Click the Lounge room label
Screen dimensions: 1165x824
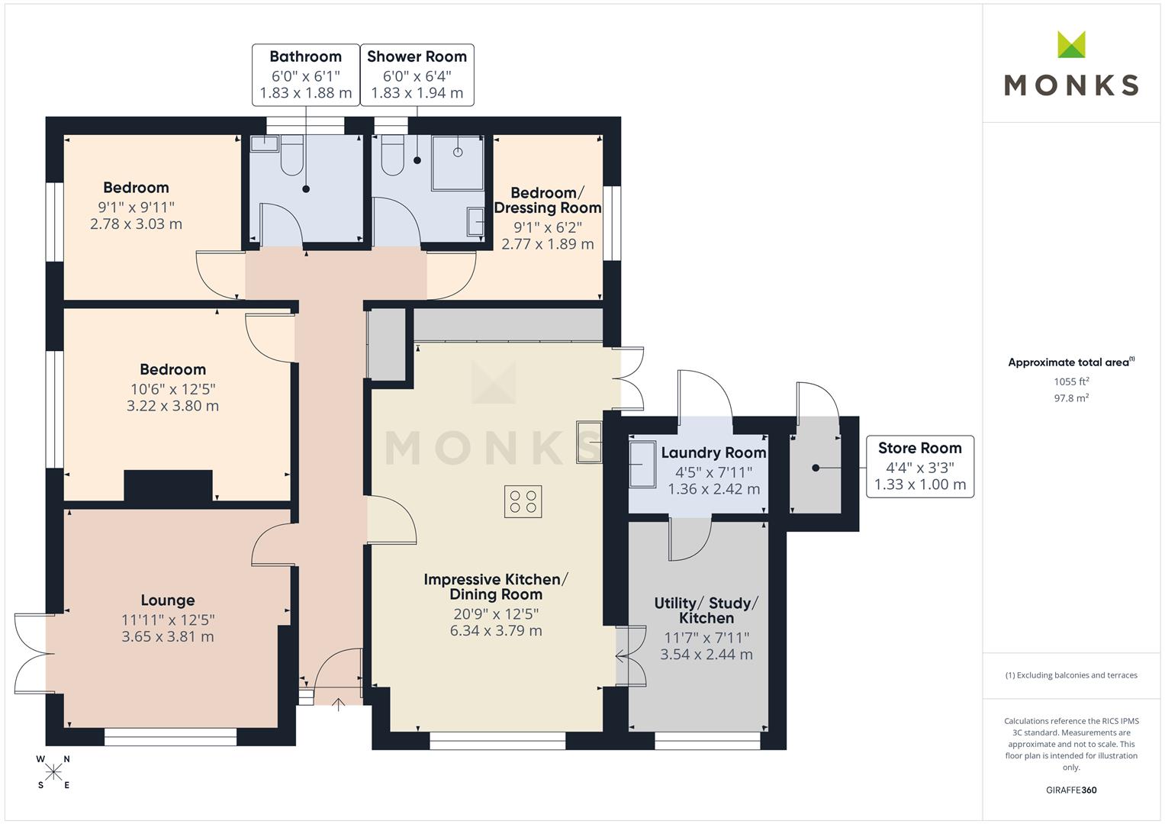click(x=168, y=600)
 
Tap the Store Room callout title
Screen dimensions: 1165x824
click(x=919, y=448)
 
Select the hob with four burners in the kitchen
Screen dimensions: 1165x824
click(x=523, y=501)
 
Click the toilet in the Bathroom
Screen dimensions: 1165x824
click(x=291, y=154)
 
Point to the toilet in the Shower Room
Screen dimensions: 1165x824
click(x=393, y=154)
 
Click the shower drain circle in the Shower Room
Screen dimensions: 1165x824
click(x=458, y=152)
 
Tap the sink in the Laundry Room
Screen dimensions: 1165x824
click(x=642, y=464)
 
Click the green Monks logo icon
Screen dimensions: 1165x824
click(x=1071, y=44)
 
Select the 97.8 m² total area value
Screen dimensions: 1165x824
click(x=1071, y=398)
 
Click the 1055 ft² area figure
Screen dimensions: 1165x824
click(x=1071, y=381)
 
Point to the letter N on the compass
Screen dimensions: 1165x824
click(x=66, y=759)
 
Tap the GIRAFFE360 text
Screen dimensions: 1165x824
click(x=1071, y=790)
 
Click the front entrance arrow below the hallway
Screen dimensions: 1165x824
click(x=339, y=704)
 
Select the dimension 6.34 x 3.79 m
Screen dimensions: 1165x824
click(x=496, y=630)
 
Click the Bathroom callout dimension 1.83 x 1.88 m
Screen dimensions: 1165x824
click(x=306, y=92)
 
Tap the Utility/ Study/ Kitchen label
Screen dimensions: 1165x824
click(x=706, y=610)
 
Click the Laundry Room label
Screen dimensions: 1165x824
click(x=713, y=452)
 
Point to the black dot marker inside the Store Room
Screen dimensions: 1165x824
click(x=816, y=468)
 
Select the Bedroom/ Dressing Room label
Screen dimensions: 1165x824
click(x=548, y=200)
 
